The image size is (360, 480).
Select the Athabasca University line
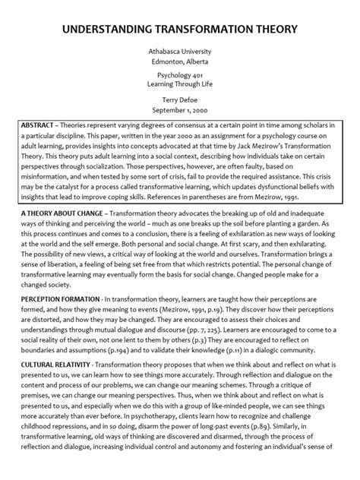[180, 51]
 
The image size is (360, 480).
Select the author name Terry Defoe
[180, 101]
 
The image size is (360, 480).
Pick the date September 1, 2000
[180, 111]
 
